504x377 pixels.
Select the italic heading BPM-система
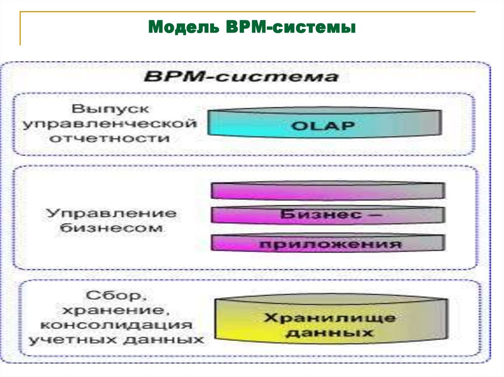pos(241,77)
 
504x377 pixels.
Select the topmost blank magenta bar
pos(328,190)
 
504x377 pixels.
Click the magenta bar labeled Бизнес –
pos(328,215)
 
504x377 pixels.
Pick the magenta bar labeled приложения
pos(328,243)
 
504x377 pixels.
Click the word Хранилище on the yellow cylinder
pos(330,318)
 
